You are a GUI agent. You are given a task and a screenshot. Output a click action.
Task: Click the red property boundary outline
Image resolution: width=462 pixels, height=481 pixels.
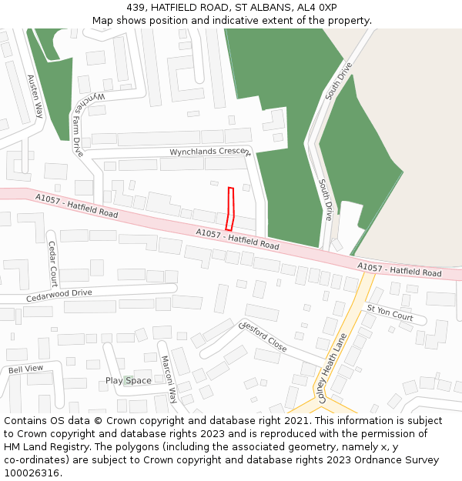230,208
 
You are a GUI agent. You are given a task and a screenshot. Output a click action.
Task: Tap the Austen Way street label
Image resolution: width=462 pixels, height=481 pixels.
35,95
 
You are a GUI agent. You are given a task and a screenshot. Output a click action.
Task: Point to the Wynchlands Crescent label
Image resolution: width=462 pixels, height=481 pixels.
210,152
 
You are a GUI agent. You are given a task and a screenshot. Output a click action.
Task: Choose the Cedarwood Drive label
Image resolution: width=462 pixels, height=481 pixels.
59,294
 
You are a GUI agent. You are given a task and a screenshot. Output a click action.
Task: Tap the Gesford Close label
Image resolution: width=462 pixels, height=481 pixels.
264,336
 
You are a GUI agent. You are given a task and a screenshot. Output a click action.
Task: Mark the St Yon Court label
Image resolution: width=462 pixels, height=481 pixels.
390,312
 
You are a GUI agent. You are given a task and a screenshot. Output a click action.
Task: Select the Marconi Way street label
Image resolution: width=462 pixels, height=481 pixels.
169,379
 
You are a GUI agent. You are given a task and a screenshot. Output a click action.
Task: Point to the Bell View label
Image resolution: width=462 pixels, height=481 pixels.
26,369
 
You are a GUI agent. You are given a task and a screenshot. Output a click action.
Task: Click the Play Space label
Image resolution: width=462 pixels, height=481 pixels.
128,381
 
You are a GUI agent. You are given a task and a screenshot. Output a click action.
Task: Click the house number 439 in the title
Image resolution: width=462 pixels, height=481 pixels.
136,8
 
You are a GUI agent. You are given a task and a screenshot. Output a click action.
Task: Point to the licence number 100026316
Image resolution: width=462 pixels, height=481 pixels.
32,473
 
